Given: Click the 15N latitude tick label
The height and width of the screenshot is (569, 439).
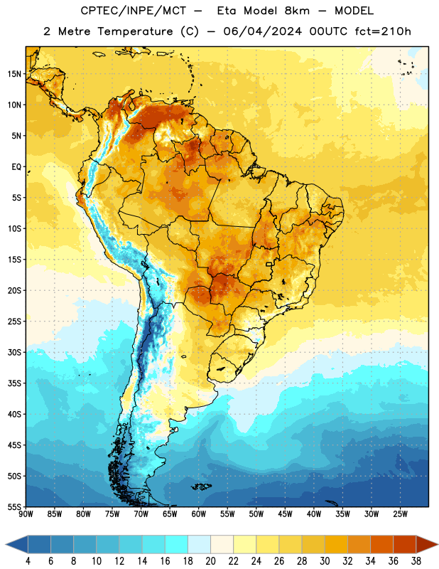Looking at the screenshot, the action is [14, 74].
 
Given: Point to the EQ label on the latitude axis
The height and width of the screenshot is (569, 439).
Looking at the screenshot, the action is [16, 167].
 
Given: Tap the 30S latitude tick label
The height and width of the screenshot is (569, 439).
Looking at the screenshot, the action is [14, 352].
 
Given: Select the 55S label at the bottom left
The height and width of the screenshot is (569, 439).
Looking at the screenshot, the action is [14, 507].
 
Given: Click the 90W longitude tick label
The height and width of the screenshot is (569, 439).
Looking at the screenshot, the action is [26, 514].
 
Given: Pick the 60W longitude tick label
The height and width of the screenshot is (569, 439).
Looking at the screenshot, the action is [199, 514].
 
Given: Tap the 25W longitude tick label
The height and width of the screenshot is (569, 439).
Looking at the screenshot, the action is [400, 514].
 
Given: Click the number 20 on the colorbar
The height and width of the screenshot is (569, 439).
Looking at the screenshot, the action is [210, 561].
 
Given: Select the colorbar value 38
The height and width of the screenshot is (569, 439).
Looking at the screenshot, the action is [416, 561].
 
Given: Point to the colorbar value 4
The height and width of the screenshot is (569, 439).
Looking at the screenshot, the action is [28, 561].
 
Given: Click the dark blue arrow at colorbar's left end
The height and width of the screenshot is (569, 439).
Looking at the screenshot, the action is [17, 544].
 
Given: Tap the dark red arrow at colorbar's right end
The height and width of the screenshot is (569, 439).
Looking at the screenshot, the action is [427, 544].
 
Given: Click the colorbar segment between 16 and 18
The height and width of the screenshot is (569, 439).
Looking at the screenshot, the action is [177, 544].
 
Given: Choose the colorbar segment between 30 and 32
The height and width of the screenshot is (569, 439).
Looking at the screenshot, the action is [337, 544].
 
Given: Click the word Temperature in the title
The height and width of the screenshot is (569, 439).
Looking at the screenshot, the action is [135, 31].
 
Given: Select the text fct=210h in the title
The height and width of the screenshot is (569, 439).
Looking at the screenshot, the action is [383, 31].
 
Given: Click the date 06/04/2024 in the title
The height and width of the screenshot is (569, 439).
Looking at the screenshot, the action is [262, 31].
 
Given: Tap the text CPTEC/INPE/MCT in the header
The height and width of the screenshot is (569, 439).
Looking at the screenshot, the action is [134, 11].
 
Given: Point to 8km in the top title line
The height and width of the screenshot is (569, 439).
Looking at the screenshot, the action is [297, 11].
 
